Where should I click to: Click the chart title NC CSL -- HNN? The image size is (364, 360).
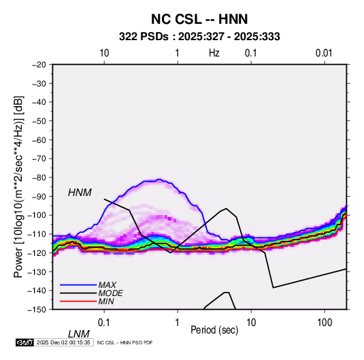(x=199, y=19)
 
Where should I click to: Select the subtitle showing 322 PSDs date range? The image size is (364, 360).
(x=199, y=37)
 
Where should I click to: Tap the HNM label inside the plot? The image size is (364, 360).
(x=80, y=193)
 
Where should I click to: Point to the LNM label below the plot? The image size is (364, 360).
(x=79, y=334)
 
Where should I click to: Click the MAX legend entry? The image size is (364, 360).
(x=107, y=284)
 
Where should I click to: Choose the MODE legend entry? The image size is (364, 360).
(x=110, y=293)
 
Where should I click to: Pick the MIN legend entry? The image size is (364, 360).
(x=106, y=301)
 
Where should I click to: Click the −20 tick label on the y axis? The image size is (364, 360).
(x=39, y=65)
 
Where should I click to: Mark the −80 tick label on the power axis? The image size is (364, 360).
(x=39, y=178)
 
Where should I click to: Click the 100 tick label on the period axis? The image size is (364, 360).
(x=325, y=323)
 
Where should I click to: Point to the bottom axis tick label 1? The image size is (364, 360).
(x=177, y=323)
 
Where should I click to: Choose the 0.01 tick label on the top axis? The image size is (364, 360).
(x=324, y=53)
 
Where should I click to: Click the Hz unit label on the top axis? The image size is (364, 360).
(x=214, y=53)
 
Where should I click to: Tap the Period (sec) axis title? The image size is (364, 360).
(x=214, y=330)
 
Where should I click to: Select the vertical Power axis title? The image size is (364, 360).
(x=18, y=187)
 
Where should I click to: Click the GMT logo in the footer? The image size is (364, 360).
(x=24, y=342)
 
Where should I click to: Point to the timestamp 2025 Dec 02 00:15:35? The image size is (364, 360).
(x=63, y=342)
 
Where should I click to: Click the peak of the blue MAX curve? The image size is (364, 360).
(x=159, y=179)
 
